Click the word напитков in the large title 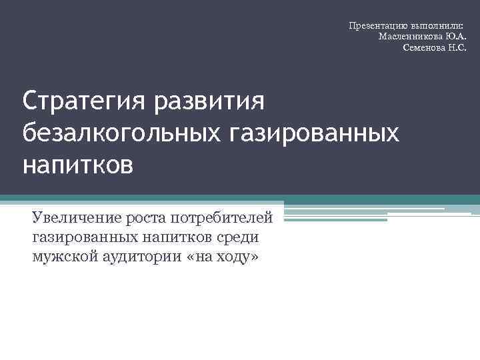coord(78,163)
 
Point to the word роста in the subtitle coord(146,218)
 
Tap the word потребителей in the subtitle coord(222,218)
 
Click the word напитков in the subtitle coord(169,237)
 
